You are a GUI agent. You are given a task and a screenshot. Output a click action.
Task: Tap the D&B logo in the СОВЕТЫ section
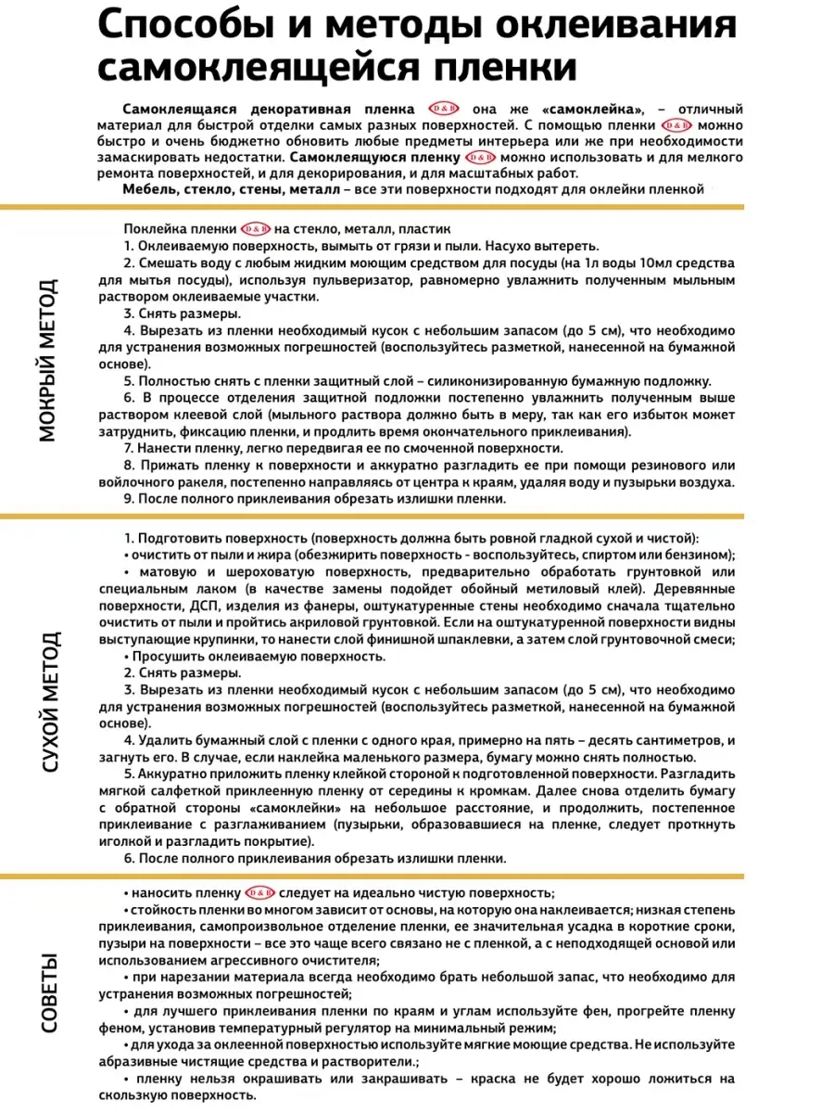click(x=258, y=892)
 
